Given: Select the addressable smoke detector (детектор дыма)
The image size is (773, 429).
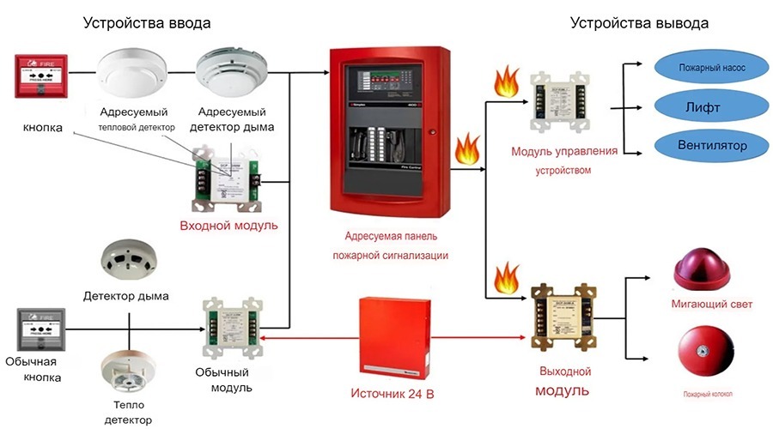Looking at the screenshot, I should point(228,76).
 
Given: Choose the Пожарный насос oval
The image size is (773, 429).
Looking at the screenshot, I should point(706,66).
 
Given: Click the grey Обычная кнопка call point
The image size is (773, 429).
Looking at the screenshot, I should point(40,329).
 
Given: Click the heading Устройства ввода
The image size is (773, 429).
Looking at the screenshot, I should point(147,23).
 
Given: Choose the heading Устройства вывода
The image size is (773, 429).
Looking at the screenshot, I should point(640,23).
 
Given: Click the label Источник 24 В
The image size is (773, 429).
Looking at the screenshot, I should point(393,395).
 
